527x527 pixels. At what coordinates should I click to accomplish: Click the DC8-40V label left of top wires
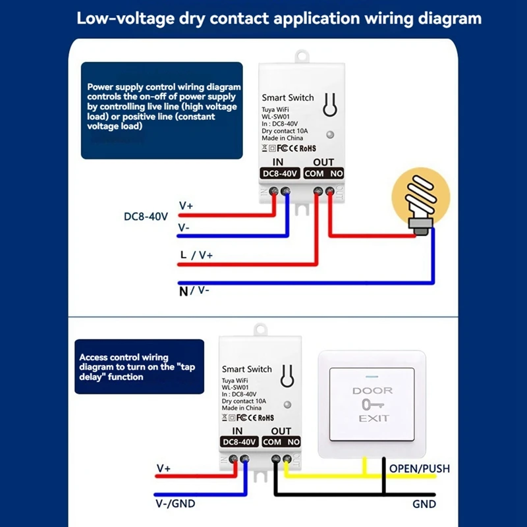[x=146, y=216]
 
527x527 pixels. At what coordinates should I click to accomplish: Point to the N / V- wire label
[x=194, y=291]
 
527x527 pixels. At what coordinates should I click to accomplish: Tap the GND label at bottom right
[x=424, y=504]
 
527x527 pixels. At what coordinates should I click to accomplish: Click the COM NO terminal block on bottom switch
[x=282, y=442]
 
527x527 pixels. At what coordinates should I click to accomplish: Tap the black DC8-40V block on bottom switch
[x=238, y=442]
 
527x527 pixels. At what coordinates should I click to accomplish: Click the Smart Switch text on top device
[x=288, y=97]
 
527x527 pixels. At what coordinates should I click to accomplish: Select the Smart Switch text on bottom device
[x=246, y=369]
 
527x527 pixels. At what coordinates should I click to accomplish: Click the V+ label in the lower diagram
[x=163, y=468]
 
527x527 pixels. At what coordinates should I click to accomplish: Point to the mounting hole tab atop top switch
[x=302, y=55]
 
